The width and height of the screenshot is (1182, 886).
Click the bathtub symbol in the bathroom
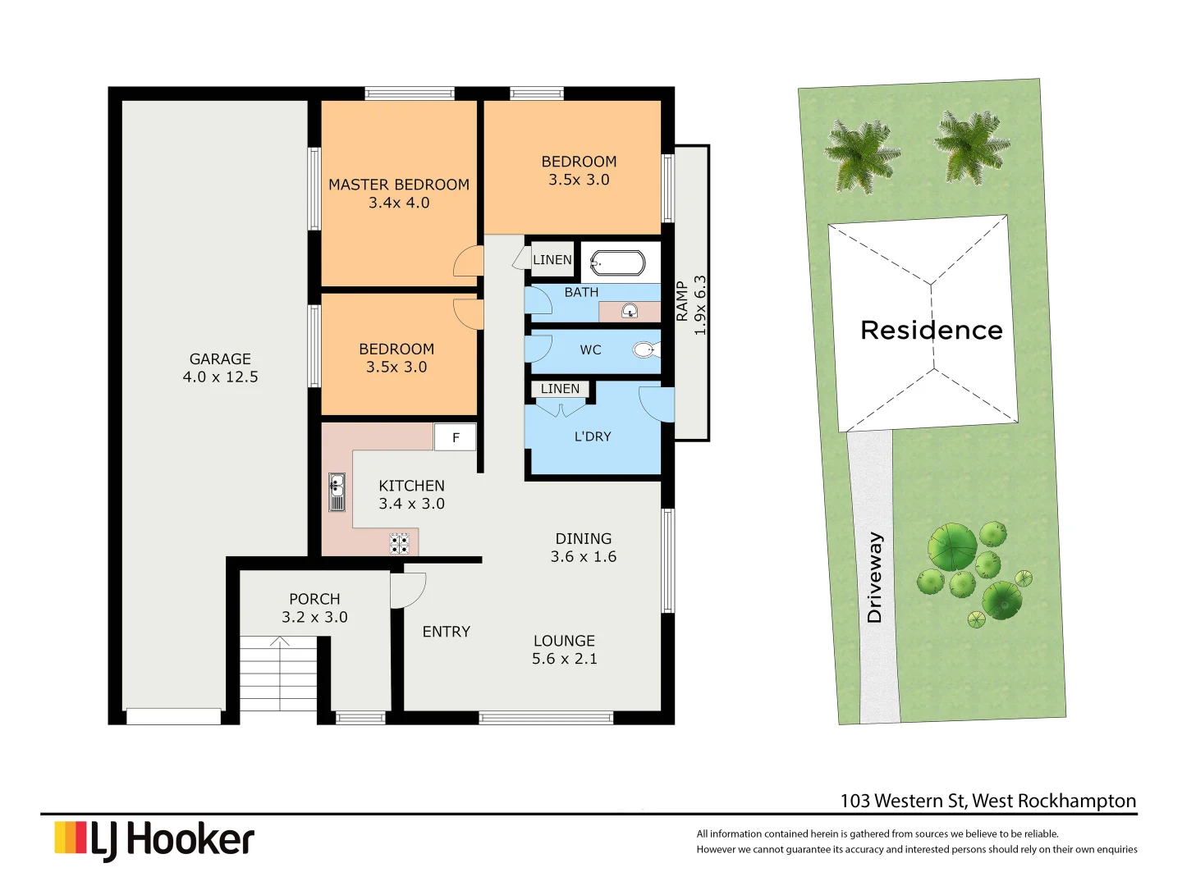click(617, 263)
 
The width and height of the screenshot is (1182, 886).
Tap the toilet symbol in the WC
click(646, 350)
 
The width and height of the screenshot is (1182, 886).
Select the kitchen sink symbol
click(337, 492)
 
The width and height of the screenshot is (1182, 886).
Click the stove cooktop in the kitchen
click(400, 543)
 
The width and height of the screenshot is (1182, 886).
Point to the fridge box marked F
click(456, 437)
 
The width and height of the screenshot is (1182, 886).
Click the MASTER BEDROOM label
click(399, 185)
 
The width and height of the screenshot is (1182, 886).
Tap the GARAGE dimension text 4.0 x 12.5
click(220, 377)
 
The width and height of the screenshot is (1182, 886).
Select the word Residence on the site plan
click(931, 330)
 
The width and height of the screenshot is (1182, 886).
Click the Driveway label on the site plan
click(874, 577)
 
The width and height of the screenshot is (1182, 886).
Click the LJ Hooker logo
click(154, 840)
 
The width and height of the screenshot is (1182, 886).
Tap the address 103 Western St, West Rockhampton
click(987, 801)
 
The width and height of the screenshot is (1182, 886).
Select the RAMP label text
click(682, 301)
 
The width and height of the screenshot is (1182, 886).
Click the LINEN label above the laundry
click(560, 389)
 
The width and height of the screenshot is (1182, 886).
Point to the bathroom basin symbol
click(630, 311)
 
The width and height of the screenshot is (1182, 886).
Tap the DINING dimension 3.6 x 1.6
click(583, 557)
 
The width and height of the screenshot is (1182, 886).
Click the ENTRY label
click(446, 632)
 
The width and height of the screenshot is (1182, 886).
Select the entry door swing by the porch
click(407, 590)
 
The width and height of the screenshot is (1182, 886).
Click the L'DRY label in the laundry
click(592, 436)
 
